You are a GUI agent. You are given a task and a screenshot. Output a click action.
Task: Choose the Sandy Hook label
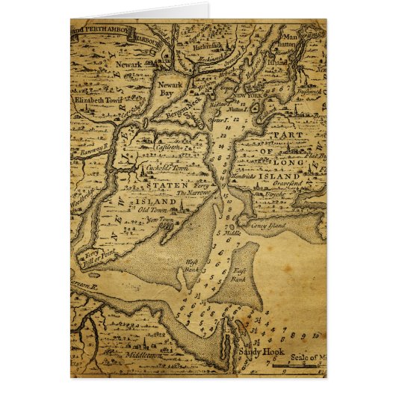(257, 350)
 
